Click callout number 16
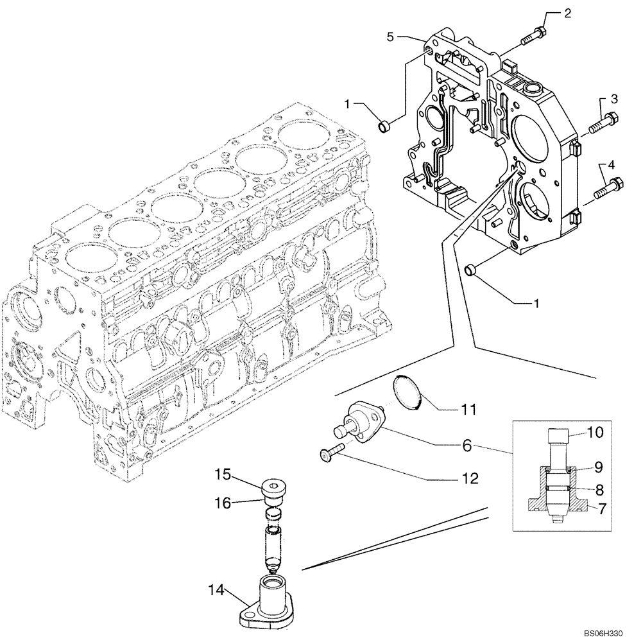coord(223,505)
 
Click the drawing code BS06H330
coord(603,632)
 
